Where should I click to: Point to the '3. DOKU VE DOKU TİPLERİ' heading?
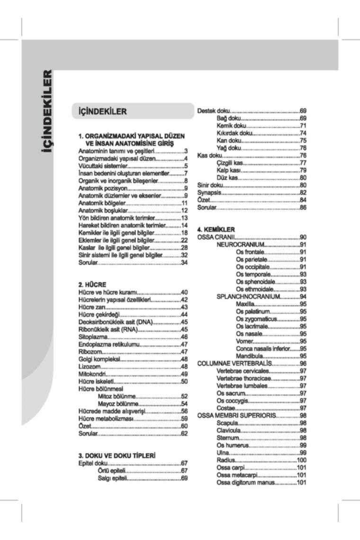tap(117, 456)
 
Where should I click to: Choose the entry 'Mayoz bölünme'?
tap(117, 404)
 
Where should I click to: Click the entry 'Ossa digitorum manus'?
tap(246, 482)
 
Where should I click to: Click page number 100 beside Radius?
tap(302, 460)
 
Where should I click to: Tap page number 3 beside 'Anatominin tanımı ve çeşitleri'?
tap(187, 151)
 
